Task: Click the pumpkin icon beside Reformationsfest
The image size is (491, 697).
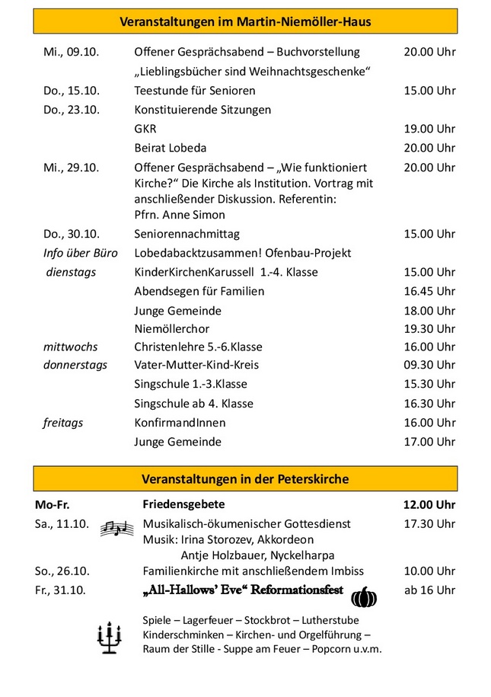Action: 364,596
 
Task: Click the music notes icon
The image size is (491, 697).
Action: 117,528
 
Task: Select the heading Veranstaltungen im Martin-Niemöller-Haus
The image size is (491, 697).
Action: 245,22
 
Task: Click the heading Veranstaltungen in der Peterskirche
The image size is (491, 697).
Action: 245,479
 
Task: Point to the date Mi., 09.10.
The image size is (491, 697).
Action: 72,53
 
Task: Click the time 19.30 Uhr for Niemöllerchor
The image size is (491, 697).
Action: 429,328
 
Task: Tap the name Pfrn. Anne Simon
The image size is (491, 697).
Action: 180,215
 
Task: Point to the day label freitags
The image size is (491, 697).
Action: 63,422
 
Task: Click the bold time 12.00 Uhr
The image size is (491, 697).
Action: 429,505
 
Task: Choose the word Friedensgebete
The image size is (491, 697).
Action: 183,504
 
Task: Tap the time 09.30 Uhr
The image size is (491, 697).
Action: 429,365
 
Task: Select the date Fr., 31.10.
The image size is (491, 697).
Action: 61,590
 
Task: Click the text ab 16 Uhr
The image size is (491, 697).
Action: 429,590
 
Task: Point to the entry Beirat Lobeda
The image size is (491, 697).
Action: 171,148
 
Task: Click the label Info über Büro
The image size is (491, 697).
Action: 80,253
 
